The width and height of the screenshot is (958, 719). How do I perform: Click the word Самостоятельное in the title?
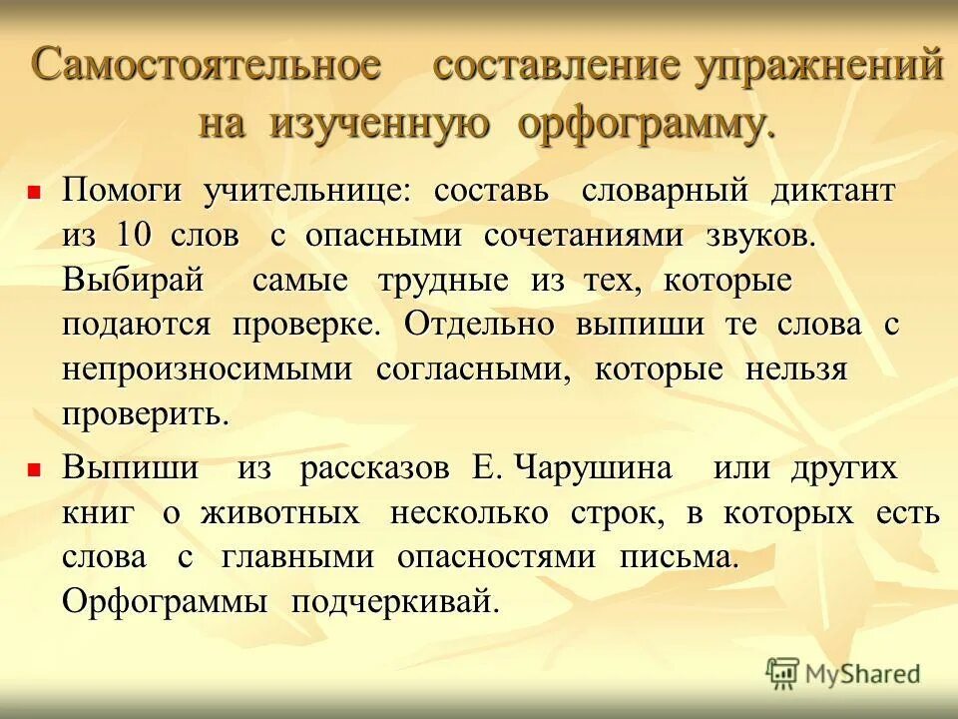[207, 67]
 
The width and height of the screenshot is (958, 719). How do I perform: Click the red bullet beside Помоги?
[33, 190]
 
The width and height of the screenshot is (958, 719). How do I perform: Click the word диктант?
[832, 190]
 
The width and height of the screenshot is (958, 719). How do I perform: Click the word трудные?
[443, 281]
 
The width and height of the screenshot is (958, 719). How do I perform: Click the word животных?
[280, 513]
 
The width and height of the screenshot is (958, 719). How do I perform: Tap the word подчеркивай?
[394, 602]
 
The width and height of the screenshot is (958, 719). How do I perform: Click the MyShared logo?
[842, 673]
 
